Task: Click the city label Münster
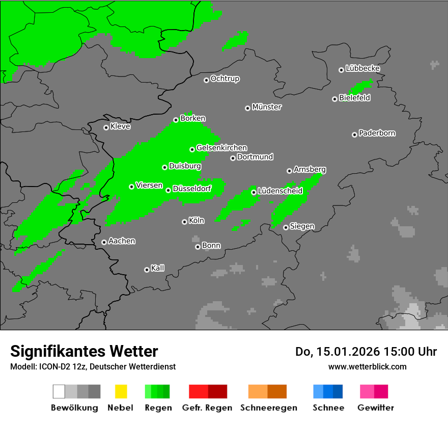coord(267,107)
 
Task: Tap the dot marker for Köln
coord(184,222)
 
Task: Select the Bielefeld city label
coord(354,98)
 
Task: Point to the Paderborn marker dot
coord(354,135)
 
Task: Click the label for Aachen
coord(122,241)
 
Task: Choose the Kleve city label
coord(120,126)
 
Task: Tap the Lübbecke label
coord(362,68)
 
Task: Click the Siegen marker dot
coord(286,227)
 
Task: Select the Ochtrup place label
coord(225,79)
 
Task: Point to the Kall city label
coord(157,268)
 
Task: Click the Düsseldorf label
coord(191,189)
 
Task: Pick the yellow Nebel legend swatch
coord(121,391)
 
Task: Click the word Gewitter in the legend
coord(376,408)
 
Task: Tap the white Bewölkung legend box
coord(59,391)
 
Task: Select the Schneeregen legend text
coord(268,408)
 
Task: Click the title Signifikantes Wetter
coord(84,351)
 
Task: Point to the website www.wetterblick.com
coord(367,366)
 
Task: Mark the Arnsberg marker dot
coord(289,171)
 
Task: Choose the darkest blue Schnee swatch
coord(338,391)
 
